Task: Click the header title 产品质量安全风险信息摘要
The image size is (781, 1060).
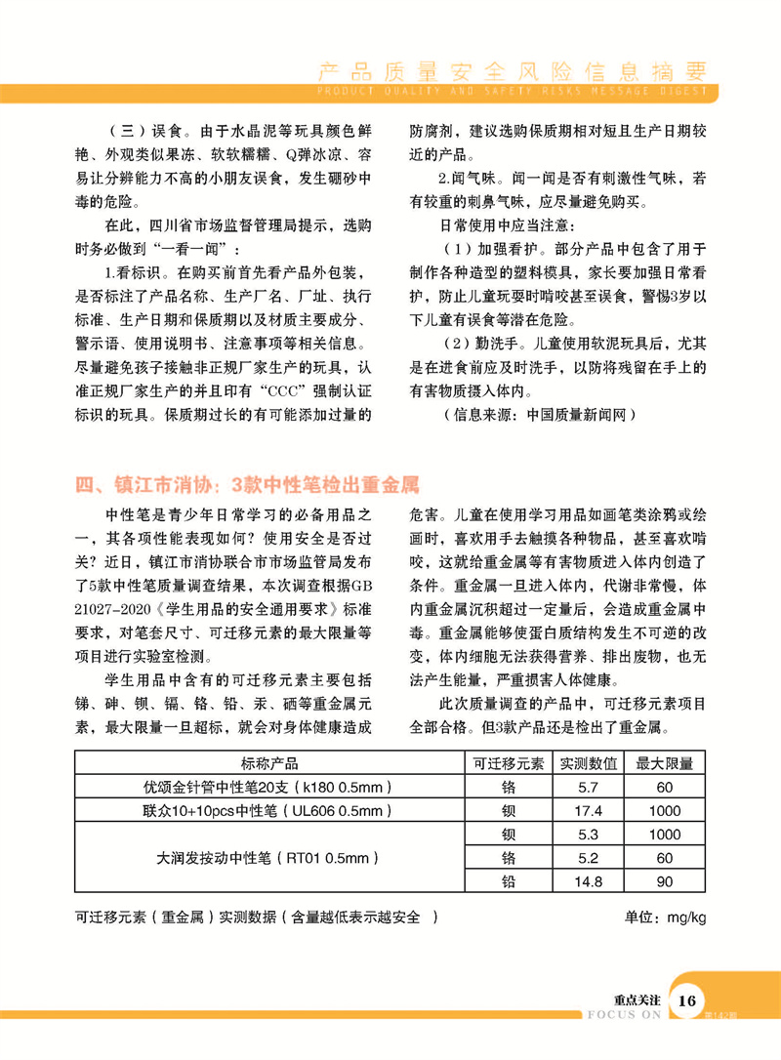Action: pos(514,71)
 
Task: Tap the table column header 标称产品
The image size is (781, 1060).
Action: pos(269,763)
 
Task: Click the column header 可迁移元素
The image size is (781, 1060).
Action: pos(509,763)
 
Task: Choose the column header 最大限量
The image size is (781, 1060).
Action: pos(665,763)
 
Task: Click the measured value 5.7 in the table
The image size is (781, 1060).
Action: pos(589,787)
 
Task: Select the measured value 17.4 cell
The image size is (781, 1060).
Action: pos(589,811)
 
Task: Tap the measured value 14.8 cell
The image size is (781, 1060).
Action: pos(589,882)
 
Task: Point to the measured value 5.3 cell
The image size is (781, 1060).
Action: pos(589,835)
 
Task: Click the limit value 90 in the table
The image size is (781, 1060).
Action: pos(665,882)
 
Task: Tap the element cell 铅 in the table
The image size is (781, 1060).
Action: pos(509,882)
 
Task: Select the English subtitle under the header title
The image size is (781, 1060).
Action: pos(514,92)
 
